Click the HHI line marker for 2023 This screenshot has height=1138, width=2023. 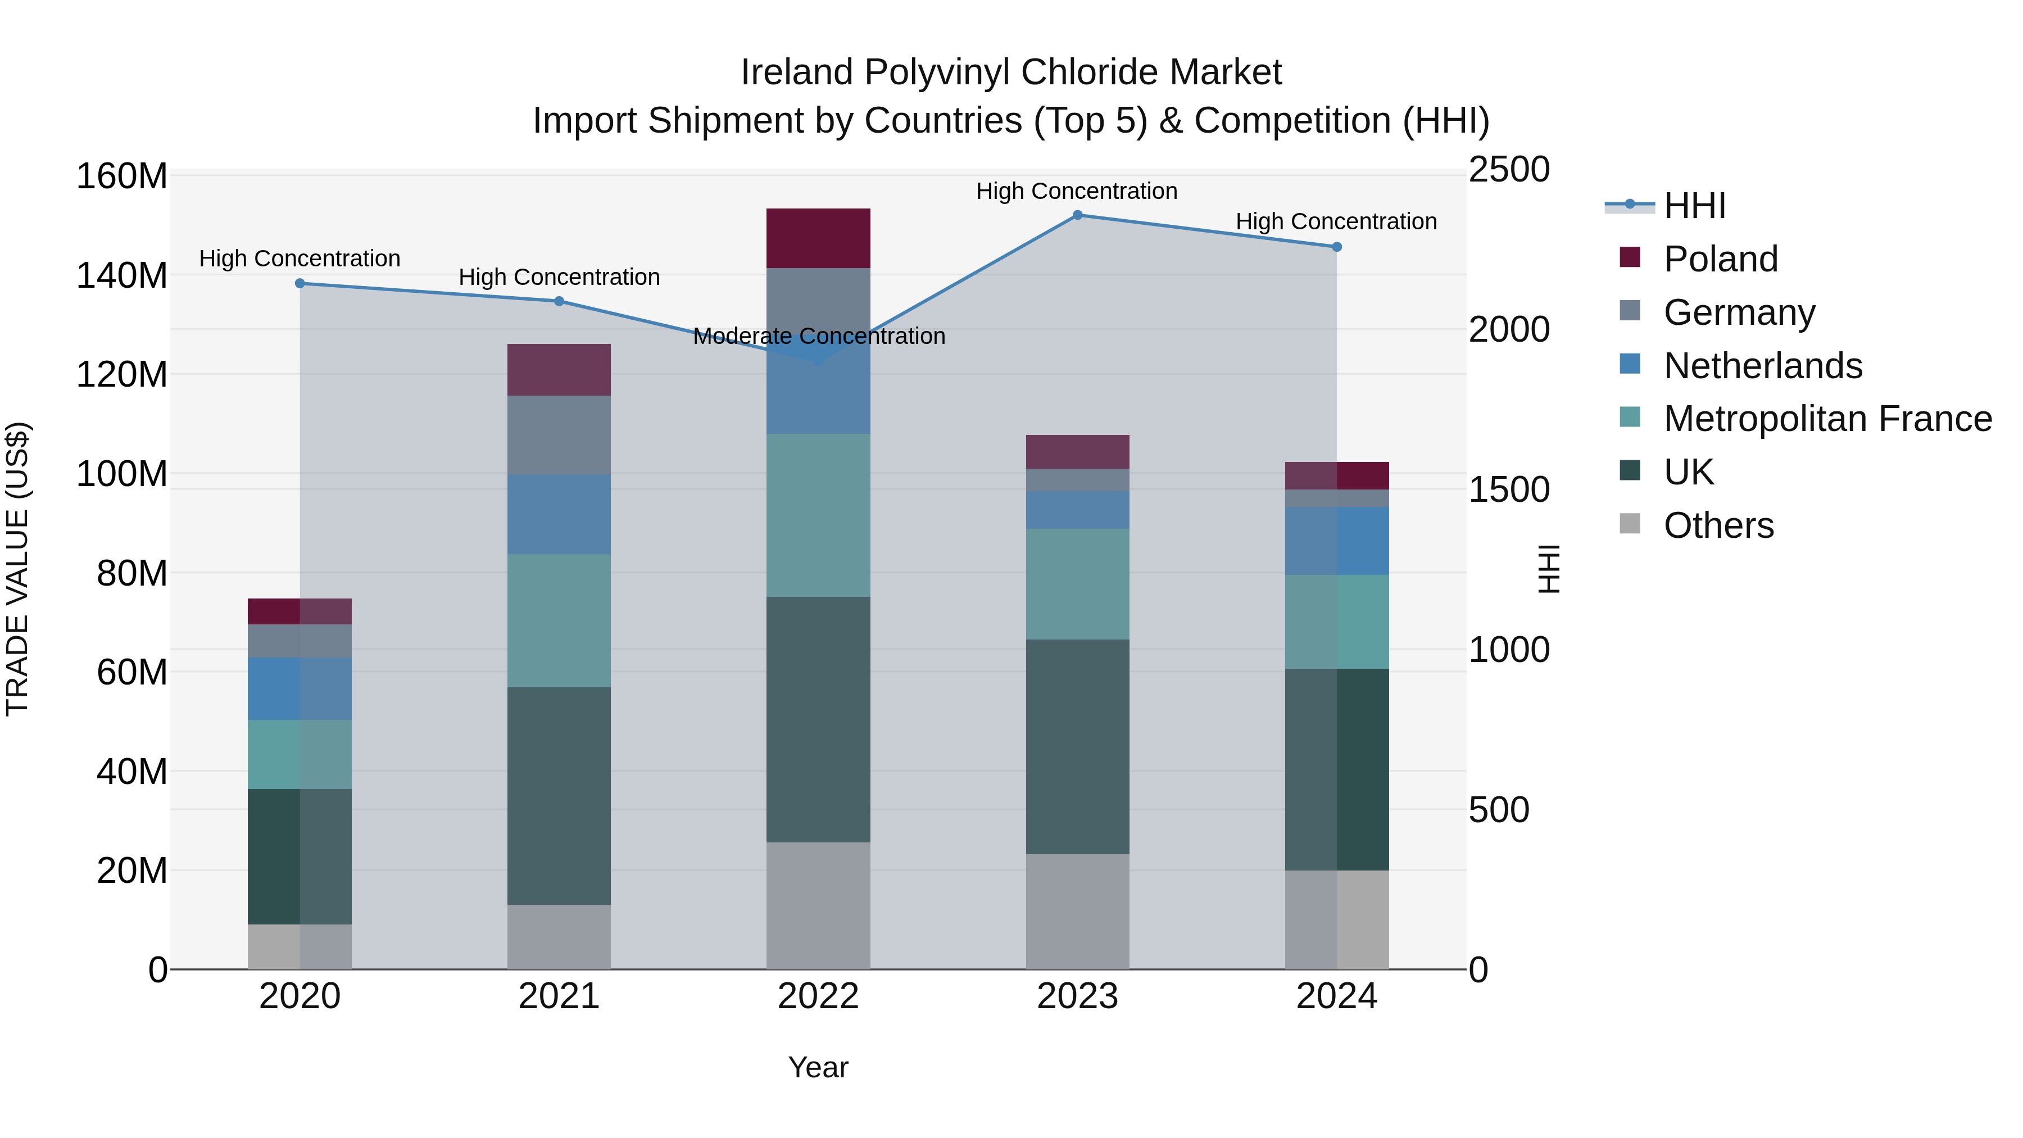[1077, 215]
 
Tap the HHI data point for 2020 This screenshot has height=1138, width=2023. [300, 284]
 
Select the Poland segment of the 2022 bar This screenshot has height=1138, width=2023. [818, 238]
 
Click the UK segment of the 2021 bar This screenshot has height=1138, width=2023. [559, 796]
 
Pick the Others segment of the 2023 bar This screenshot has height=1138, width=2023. [1077, 911]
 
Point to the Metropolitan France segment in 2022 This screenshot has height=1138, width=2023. [818, 515]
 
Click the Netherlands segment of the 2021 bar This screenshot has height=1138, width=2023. [559, 514]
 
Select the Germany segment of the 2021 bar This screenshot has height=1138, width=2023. [559, 434]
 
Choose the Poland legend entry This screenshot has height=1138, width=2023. [1720, 259]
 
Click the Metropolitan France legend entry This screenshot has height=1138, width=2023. [1827, 419]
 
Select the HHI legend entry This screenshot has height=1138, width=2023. [1694, 206]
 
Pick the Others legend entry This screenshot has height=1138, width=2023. [1718, 525]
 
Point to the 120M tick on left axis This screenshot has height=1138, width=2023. [122, 375]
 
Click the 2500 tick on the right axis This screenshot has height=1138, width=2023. [1509, 170]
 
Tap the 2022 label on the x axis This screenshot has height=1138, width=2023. [818, 996]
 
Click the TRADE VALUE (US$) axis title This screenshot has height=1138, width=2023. [17, 569]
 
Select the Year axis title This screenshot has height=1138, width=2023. [818, 1067]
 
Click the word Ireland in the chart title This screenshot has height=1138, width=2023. [797, 72]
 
